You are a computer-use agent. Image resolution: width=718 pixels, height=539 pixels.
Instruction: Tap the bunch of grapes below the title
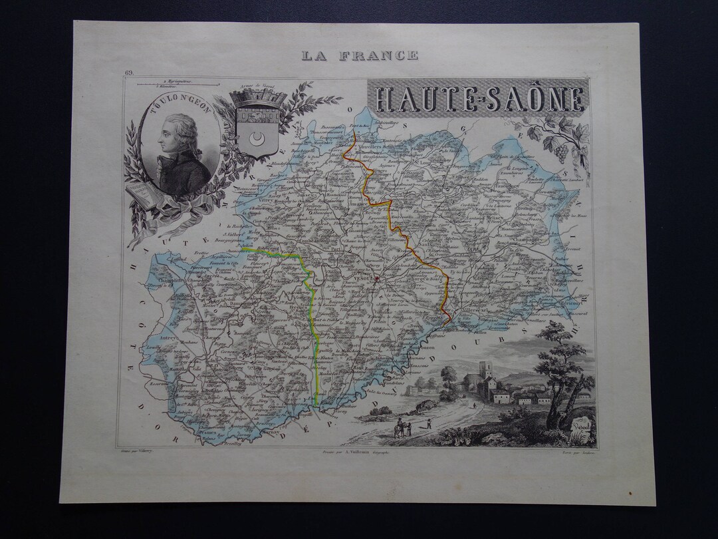[x=561, y=153]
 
